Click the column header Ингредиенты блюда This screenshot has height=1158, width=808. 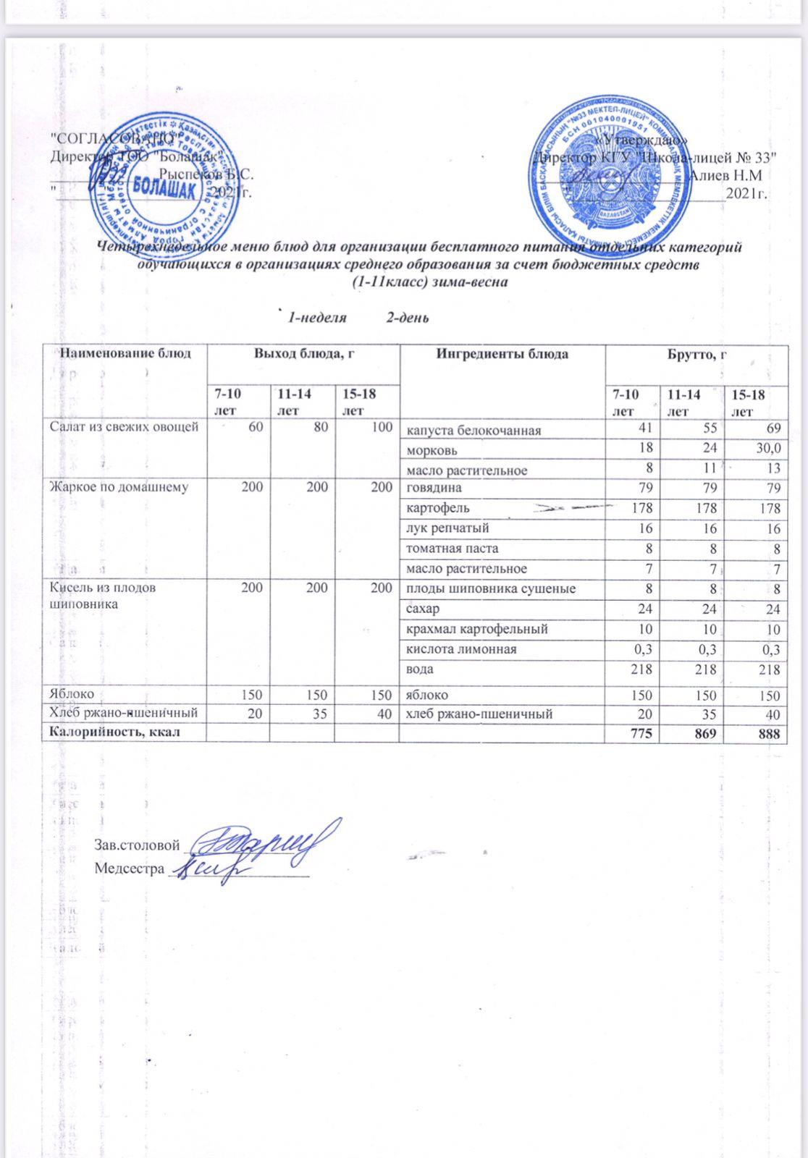[502, 355]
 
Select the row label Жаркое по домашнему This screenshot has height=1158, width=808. [118, 487]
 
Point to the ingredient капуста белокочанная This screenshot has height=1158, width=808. [473, 431]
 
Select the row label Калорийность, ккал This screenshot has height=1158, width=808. [113, 732]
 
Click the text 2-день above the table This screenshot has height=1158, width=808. [408, 317]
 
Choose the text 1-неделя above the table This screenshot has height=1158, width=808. [317, 317]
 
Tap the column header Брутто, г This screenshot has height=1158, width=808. [696, 355]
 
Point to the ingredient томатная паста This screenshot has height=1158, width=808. [452, 549]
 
